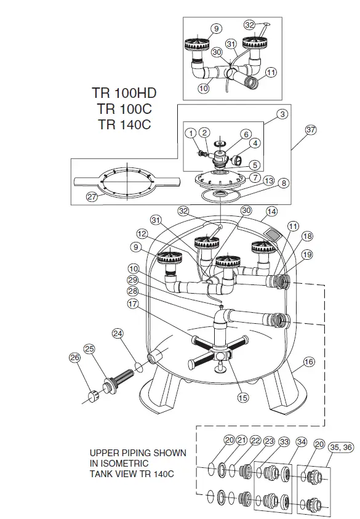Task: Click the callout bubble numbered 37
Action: point(310,129)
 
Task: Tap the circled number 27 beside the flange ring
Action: point(92,196)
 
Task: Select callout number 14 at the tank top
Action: point(271,211)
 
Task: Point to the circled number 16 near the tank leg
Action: point(309,362)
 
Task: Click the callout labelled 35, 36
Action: point(341,447)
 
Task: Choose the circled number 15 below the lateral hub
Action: point(243,398)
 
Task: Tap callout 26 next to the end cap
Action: point(75,357)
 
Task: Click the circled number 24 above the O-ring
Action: point(118,333)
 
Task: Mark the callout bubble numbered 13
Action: point(269,180)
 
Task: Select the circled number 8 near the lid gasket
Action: point(284,183)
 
